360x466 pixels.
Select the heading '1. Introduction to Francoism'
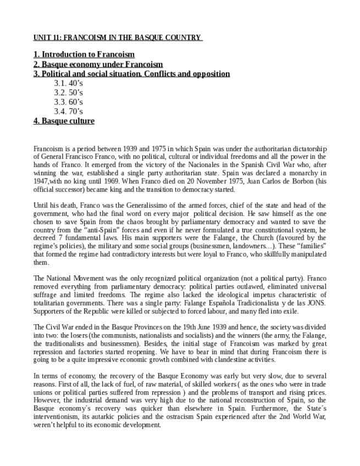[x=84, y=55]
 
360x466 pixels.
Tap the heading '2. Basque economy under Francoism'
[x=98, y=64]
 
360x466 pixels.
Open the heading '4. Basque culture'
[x=64, y=121]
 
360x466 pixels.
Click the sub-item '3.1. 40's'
[x=68, y=83]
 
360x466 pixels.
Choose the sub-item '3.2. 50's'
[x=68, y=92]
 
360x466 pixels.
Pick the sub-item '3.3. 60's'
[x=68, y=102]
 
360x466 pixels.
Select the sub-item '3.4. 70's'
[x=68, y=111]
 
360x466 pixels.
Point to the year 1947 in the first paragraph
[x=42, y=181]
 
